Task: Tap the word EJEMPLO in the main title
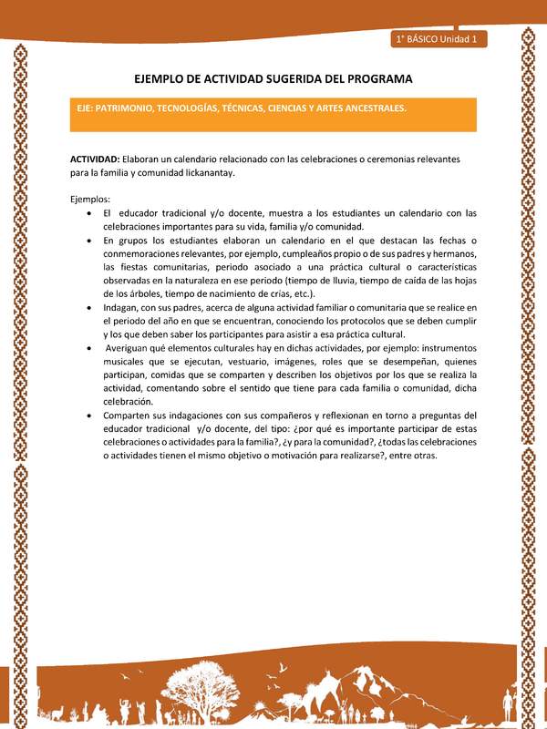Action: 163,78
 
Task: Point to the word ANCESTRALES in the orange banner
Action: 373,108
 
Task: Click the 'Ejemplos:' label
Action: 89,199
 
